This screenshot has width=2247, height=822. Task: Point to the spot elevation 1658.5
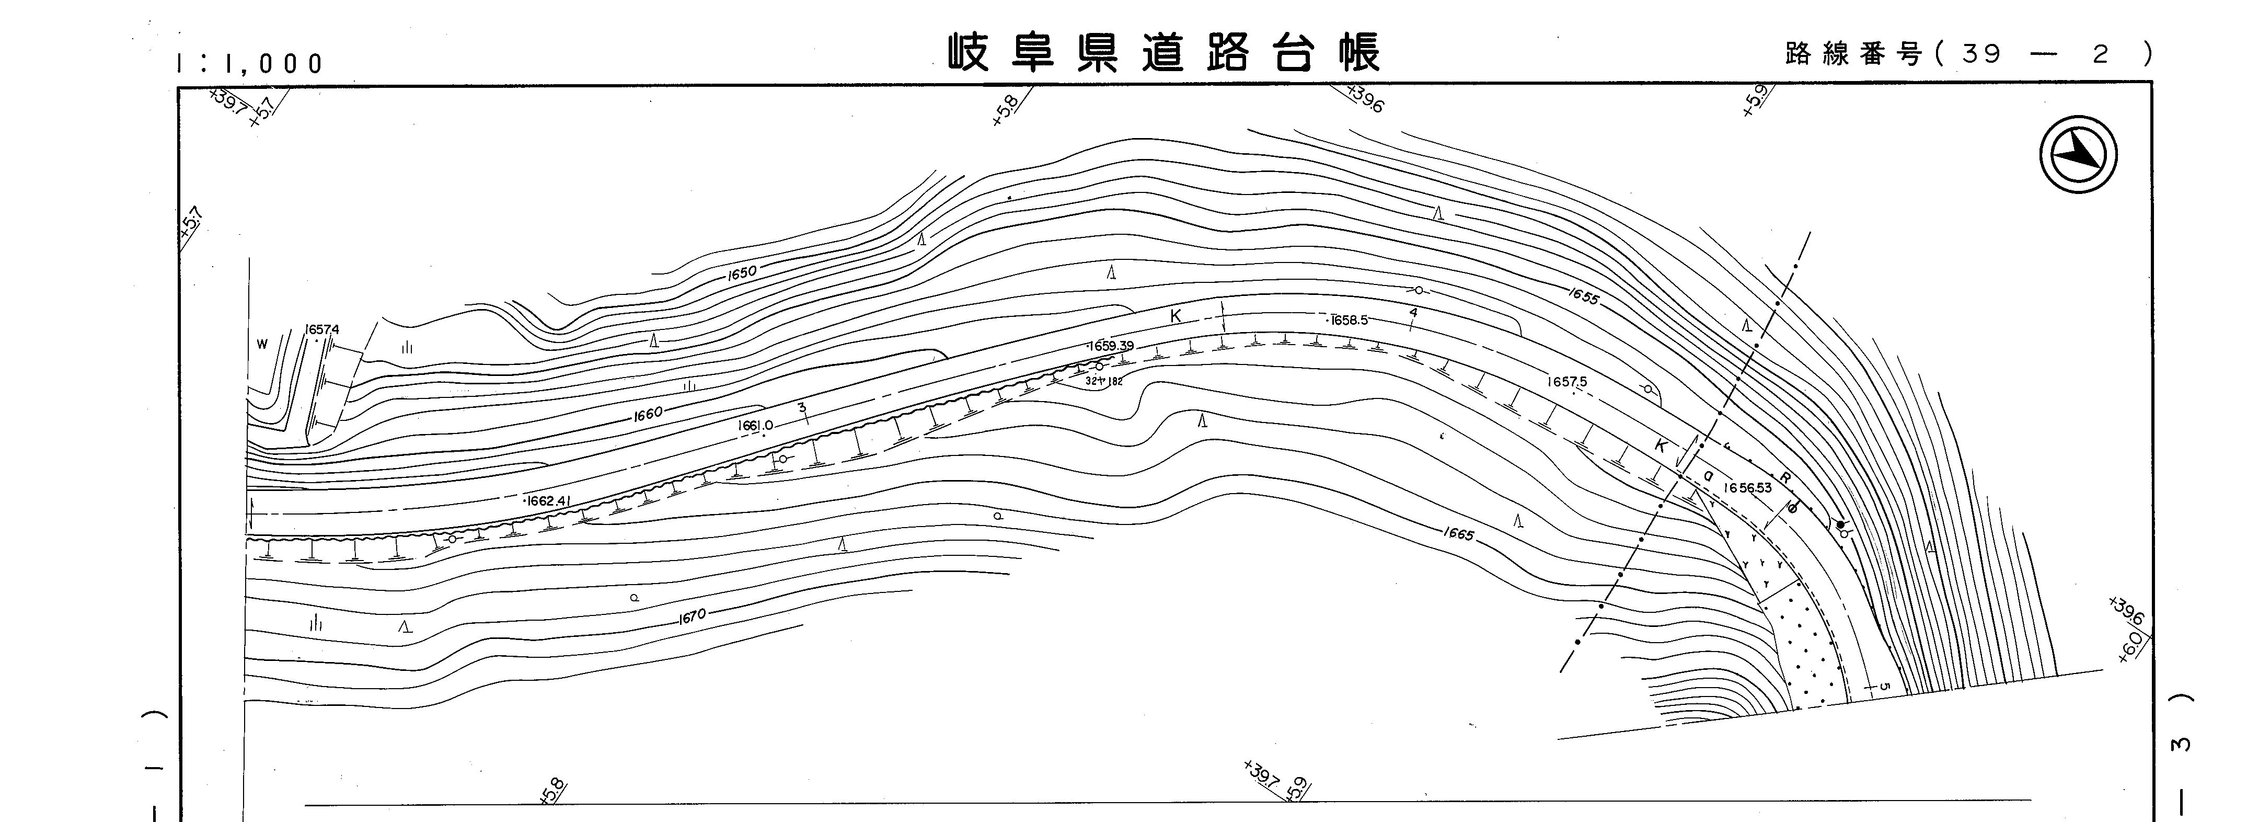[x=1349, y=320]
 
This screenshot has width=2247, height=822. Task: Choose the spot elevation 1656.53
[x=1746, y=488]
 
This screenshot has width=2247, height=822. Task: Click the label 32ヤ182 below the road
[x=1103, y=381]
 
